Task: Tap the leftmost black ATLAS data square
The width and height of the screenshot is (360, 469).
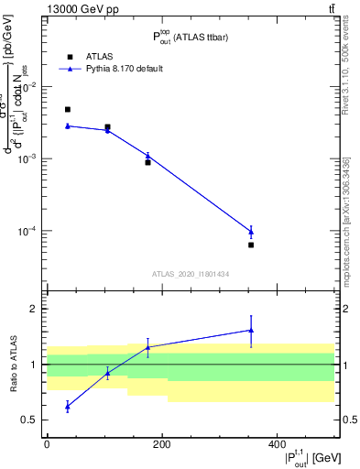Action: click(68, 110)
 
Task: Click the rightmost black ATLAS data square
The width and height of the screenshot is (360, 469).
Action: click(251, 245)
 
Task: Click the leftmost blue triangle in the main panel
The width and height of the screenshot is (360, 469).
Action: click(68, 125)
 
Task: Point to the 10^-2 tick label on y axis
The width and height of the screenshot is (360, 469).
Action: click(29, 87)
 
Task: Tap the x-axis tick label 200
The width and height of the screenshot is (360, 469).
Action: click(162, 444)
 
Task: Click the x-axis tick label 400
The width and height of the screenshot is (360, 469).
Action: click(278, 444)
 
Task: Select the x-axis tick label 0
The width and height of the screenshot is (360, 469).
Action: click(47, 444)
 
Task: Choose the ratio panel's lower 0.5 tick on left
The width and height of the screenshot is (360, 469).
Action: click(33, 420)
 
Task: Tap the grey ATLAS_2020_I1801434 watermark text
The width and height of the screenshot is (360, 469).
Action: click(191, 274)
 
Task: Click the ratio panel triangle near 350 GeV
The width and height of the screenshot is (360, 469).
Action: click(251, 330)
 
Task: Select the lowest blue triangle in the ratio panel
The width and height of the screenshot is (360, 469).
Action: click(68, 406)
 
